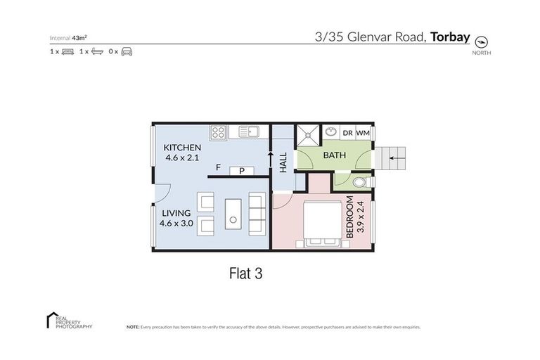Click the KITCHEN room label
tap(182, 148)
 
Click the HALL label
tap(283, 164)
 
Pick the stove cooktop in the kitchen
tap(218, 131)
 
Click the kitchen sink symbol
tap(248, 131)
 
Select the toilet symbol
tap(358, 184)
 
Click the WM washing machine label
tap(363, 133)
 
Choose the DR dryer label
tap(347, 133)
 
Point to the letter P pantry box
tap(242, 170)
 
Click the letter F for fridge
tap(219, 169)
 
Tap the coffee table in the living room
tap(233, 213)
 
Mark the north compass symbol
tap(482, 41)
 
